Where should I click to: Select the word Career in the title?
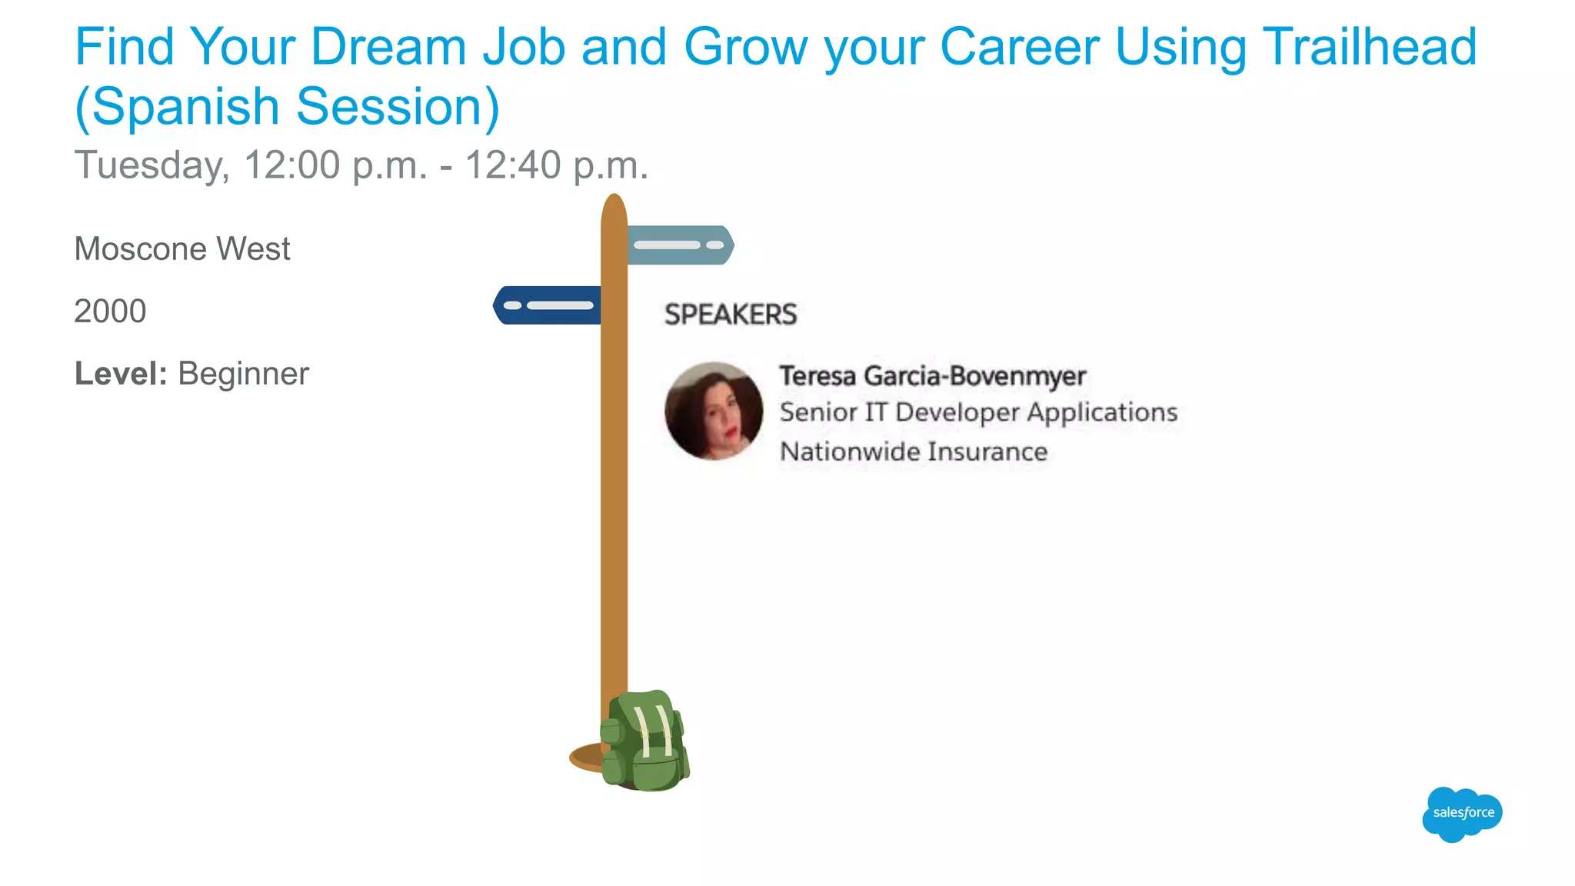1019,48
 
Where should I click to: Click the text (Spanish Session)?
287,106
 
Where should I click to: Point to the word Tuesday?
152,165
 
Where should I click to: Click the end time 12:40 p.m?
556,165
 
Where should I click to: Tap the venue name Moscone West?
182,249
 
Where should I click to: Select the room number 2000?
110,311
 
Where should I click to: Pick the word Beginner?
243,374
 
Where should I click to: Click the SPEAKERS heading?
731,315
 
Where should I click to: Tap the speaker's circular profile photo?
714,411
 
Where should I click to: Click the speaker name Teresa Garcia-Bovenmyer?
932,376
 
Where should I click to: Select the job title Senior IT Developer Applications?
978,412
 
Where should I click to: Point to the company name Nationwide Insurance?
914,451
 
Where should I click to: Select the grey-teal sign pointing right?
680,245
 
